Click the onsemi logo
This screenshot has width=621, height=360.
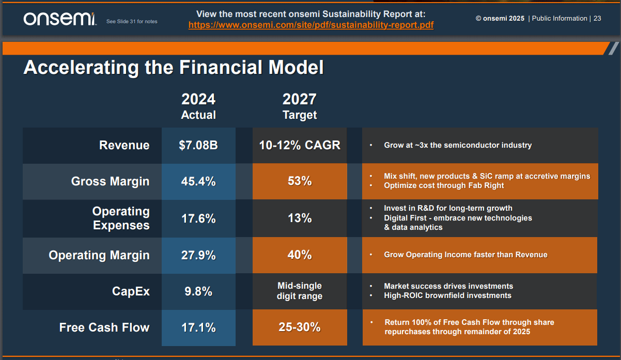[59, 19]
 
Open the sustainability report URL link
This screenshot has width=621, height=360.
[311, 25]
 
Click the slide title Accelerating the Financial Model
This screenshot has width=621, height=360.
[174, 68]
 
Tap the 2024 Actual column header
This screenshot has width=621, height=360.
[198, 106]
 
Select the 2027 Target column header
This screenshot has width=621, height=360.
[300, 106]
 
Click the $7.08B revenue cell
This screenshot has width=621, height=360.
[198, 145]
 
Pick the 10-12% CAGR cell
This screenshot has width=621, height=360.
[300, 145]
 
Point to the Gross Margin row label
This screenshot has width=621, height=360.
[110, 181]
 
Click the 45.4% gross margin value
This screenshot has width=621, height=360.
[198, 181]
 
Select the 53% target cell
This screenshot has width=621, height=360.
[300, 181]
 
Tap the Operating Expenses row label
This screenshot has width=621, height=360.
[121, 218]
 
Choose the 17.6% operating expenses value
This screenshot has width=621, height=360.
[198, 218]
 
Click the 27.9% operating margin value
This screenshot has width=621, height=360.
[198, 255]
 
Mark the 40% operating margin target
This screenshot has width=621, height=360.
[300, 255]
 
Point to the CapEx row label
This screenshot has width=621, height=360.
[131, 291]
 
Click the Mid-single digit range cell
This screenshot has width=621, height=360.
[300, 291]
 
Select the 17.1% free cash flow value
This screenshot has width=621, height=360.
[198, 327]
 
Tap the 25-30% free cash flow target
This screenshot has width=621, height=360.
[300, 327]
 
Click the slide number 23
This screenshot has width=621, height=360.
[597, 19]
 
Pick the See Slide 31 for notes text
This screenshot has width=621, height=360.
[132, 22]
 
